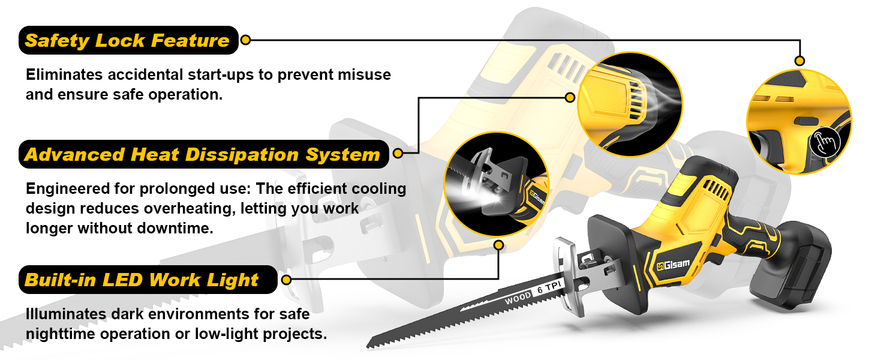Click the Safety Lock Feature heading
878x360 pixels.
click(127, 41)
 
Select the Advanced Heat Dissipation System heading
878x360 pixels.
click(202, 154)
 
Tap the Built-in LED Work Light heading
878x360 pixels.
click(142, 280)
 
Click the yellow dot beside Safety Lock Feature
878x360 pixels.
click(245, 40)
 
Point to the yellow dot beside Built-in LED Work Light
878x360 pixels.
click(286, 280)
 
